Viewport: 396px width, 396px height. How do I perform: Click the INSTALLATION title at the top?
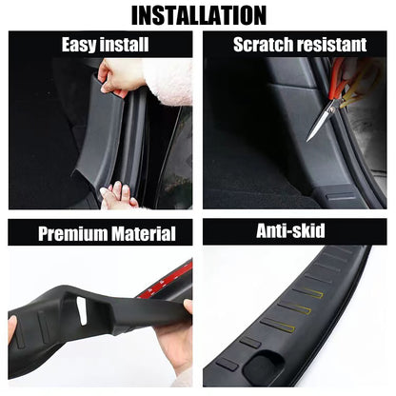click(x=199, y=15)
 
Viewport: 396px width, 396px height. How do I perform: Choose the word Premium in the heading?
click(x=72, y=234)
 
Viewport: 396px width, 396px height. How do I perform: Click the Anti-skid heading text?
click(x=290, y=230)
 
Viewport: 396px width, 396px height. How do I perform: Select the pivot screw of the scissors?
click(x=332, y=109)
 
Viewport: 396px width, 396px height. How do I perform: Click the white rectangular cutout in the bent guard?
click(x=82, y=310)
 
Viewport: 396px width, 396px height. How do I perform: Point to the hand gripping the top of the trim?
click(x=116, y=78)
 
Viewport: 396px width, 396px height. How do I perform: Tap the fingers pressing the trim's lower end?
click(x=118, y=194)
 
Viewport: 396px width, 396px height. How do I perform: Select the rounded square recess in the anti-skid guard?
click(x=261, y=365)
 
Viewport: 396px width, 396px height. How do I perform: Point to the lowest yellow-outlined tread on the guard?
click(x=278, y=325)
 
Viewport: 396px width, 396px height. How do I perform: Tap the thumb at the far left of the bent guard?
click(x=12, y=330)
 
